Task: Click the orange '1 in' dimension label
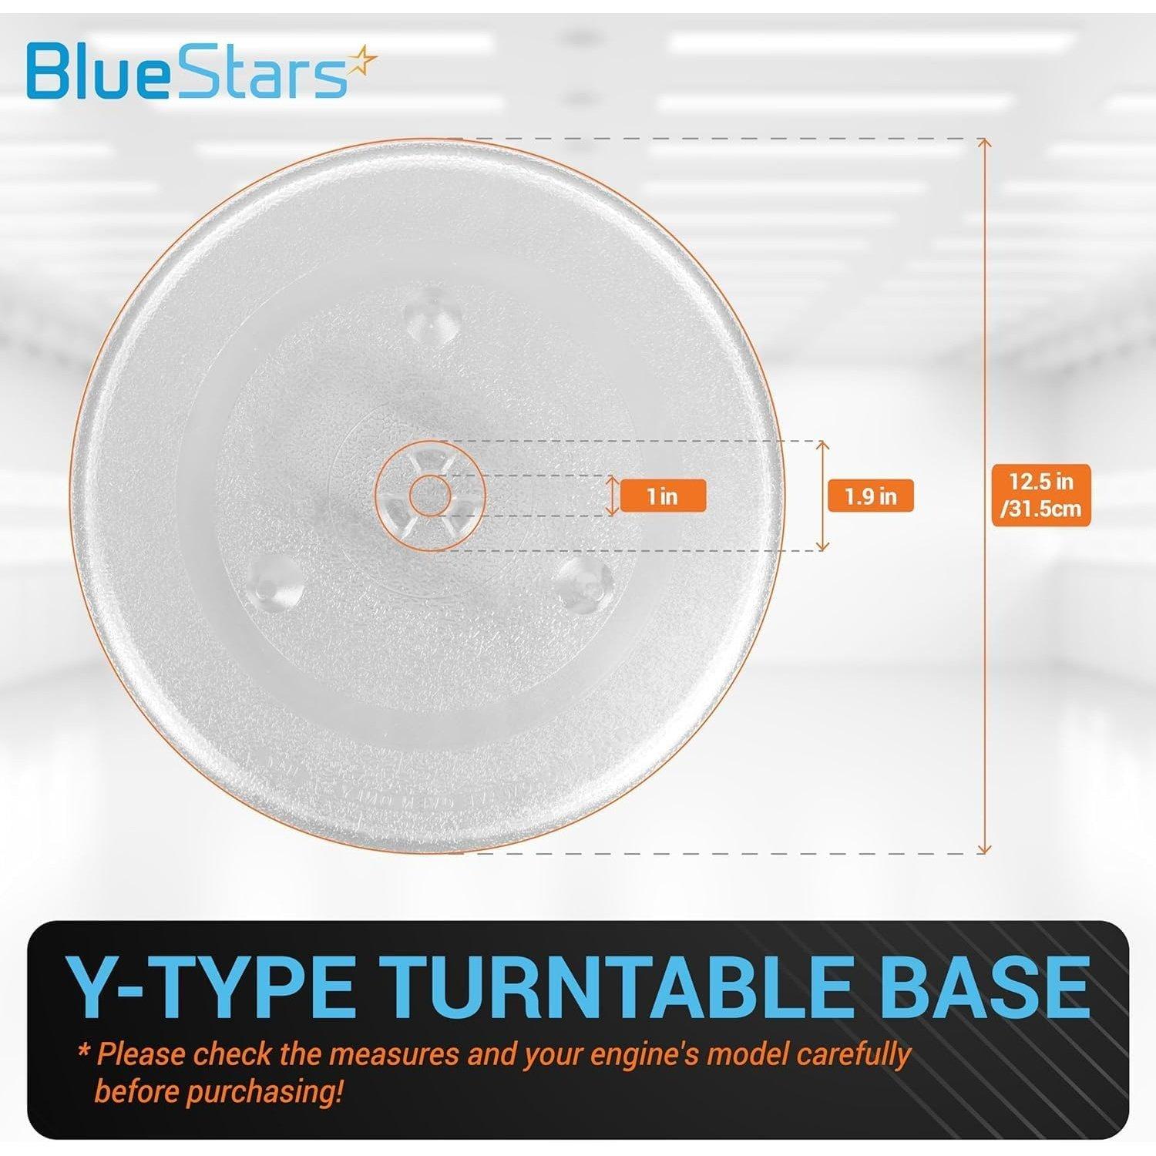(663, 496)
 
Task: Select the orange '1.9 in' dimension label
(870, 496)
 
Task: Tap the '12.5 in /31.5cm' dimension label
(1041, 495)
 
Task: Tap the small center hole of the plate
(429, 496)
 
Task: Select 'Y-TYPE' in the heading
(210, 988)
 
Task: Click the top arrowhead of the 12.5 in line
(983, 143)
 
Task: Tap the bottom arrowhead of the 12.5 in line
(983, 849)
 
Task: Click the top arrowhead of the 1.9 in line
(823, 446)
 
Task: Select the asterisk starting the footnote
(82, 1051)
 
